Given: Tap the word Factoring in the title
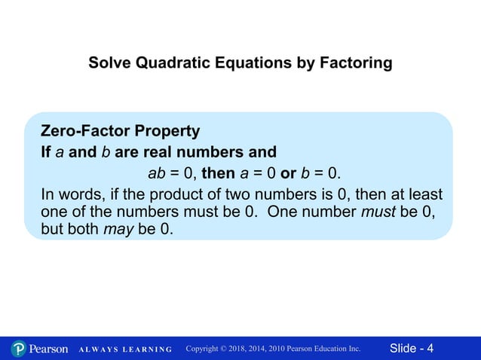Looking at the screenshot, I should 357,63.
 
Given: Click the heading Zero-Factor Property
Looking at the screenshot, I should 120,131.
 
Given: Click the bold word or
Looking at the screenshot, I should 288,174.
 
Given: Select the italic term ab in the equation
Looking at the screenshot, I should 156,174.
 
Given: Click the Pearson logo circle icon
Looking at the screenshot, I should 18,349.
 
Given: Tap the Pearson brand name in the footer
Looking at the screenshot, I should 48,349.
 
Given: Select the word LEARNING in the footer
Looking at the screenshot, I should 145,349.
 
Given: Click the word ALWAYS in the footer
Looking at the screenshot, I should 94,349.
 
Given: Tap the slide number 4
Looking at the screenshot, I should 430,348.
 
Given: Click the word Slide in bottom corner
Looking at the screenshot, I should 403,348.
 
